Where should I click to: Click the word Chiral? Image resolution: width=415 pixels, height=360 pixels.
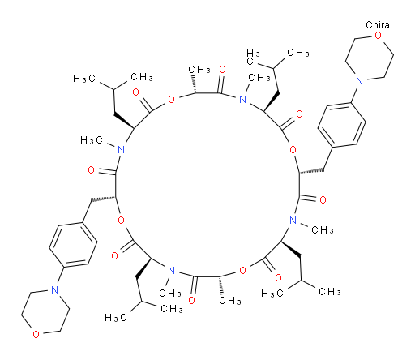click(x=379, y=25)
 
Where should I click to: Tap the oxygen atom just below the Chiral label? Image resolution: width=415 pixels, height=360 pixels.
click(x=378, y=36)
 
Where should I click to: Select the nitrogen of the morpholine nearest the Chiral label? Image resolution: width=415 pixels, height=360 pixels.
click(x=359, y=80)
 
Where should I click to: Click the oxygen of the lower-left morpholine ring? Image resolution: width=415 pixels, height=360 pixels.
click(x=36, y=334)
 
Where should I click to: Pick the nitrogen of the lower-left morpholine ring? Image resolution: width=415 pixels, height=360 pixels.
click(x=54, y=289)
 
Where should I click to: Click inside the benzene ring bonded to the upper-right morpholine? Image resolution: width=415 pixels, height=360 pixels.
click(x=342, y=125)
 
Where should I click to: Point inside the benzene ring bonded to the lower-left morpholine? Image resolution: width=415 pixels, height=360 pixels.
click(x=73, y=245)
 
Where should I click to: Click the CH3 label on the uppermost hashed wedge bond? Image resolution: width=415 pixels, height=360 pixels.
click(x=199, y=70)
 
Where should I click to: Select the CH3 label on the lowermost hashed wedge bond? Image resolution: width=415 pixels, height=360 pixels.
click(x=230, y=300)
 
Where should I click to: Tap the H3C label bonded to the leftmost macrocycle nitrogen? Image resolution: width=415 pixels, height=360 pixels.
click(x=92, y=140)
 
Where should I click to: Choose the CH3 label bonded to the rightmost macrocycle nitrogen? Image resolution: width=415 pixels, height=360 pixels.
click(x=323, y=230)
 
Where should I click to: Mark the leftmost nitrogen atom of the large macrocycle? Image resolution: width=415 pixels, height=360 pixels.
click(x=122, y=149)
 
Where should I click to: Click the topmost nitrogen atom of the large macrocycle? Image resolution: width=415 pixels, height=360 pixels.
click(x=243, y=100)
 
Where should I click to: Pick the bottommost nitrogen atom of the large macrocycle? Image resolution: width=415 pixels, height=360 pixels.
click(x=171, y=270)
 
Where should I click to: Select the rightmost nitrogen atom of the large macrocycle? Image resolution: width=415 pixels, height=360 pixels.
click(x=293, y=221)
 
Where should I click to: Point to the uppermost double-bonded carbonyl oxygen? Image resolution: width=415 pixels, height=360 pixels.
click(x=222, y=70)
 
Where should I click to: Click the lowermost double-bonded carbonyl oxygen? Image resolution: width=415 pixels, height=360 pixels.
click(x=192, y=300)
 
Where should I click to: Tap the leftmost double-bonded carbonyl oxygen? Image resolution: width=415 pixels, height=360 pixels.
click(x=92, y=170)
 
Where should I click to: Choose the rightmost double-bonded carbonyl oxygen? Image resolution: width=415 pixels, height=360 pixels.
click(x=323, y=200)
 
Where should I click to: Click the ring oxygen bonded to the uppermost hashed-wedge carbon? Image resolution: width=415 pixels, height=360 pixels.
click(x=171, y=100)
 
